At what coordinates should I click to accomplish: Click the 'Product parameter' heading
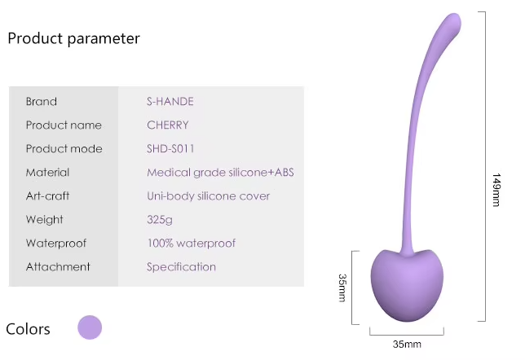pos(73,38)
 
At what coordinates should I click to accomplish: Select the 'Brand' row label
pos(42,101)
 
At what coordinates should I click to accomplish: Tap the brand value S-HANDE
pos(170,101)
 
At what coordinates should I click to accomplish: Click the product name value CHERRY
pos(168,125)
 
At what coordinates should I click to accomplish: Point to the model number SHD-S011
pos(170,148)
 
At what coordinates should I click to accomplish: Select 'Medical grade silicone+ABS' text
pos(220,173)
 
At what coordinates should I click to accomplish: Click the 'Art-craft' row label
pos(47,195)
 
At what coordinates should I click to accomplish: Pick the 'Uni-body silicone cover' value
pos(208,196)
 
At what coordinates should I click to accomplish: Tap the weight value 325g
pos(160,220)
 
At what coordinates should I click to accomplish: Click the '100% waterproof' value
pos(192,244)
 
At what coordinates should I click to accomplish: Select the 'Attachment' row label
pos(58,266)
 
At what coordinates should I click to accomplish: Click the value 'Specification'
pos(181,267)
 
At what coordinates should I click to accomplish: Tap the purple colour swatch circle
pos(90,327)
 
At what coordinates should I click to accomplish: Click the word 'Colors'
pos(28,329)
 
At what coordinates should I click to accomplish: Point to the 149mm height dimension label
pos(496,190)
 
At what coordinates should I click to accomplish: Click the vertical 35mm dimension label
pos(342,288)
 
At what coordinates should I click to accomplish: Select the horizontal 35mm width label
pos(407,345)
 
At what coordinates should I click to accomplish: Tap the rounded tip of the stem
pos(455,20)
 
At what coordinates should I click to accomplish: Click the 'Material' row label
pos(47,173)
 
